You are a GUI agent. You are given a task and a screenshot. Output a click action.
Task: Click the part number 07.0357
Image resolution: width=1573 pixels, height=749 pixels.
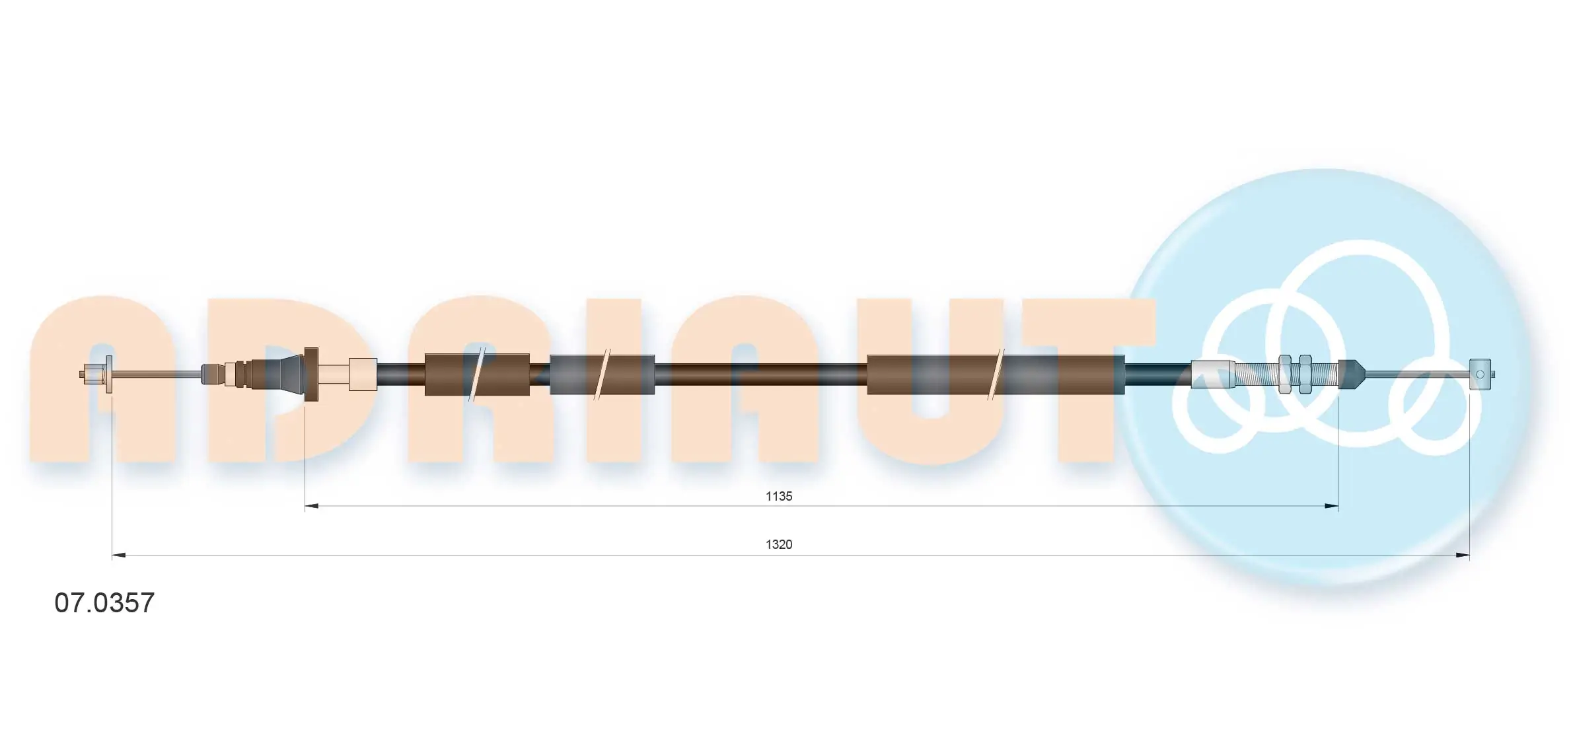(x=104, y=603)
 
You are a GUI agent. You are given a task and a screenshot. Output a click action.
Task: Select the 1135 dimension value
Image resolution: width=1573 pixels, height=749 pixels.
(x=779, y=496)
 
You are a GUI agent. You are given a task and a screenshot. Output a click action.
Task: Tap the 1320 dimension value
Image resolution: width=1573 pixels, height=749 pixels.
(x=779, y=544)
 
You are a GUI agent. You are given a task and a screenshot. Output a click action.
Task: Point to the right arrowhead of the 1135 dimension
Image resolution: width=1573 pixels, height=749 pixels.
(x=1331, y=507)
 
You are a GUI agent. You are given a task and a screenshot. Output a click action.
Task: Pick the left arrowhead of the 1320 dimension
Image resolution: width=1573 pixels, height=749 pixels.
(x=119, y=555)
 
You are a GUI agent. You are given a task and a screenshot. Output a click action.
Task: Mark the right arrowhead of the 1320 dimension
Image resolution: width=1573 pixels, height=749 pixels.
(x=1462, y=555)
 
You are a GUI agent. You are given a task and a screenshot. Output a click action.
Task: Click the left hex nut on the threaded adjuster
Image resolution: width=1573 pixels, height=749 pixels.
(x=1285, y=374)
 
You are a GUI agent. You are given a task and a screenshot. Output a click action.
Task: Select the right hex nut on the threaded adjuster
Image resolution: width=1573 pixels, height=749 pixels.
(x=1305, y=374)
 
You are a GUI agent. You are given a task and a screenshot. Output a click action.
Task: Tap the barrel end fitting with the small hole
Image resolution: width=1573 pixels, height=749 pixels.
(x=1480, y=374)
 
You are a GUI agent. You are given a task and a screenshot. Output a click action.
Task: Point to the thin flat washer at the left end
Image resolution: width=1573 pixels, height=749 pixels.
(x=109, y=374)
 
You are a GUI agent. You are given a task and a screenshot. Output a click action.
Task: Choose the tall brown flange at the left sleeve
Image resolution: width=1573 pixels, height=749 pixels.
(x=311, y=374)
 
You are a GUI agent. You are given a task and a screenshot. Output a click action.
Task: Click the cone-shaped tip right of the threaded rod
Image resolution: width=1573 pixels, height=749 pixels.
(x=1350, y=374)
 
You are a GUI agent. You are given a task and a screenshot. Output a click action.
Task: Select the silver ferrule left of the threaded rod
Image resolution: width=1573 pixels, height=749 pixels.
(x=1212, y=374)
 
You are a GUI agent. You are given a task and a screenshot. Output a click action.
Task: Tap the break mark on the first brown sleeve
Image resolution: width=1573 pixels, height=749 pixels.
(x=477, y=374)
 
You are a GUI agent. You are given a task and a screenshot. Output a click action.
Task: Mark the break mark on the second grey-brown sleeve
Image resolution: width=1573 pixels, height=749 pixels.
(x=602, y=374)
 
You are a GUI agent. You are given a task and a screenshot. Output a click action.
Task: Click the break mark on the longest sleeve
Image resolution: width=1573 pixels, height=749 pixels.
(x=996, y=374)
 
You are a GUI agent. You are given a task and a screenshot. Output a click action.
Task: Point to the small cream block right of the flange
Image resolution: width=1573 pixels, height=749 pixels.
(x=362, y=374)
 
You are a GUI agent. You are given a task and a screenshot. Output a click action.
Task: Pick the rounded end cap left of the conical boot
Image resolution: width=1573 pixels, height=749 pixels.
(x=211, y=374)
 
